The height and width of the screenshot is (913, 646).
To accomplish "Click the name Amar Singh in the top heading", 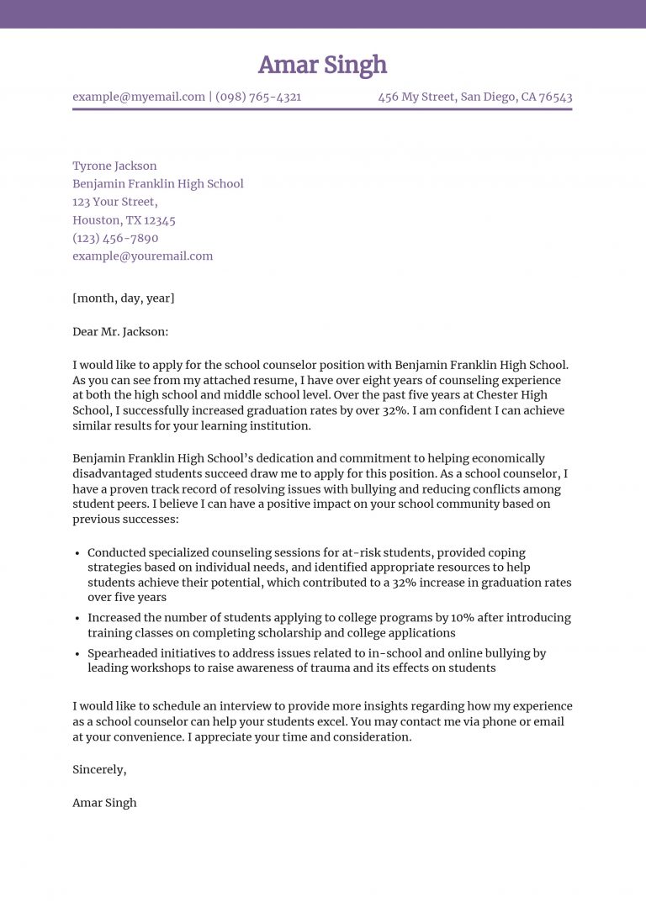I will pyautogui.click(x=322, y=65).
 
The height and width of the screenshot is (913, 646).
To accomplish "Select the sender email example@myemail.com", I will pyautogui.click(x=139, y=97).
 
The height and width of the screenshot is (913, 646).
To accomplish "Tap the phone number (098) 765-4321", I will pyautogui.click(x=258, y=97).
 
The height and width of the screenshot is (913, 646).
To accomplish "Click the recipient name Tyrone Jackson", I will pyautogui.click(x=114, y=166).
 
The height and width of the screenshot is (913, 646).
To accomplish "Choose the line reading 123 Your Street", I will pyautogui.click(x=114, y=202).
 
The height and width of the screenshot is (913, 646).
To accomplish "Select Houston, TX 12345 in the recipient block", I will pyautogui.click(x=124, y=220).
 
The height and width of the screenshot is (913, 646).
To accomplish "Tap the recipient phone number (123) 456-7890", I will pyautogui.click(x=115, y=238).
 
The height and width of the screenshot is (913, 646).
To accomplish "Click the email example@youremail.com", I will pyautogui.click(x=142, y=256).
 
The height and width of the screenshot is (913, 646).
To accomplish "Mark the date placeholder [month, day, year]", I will pyautogui.click(x=124, y=298).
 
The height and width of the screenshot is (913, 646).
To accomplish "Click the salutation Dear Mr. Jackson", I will pyautogui.click(x=120, y=331).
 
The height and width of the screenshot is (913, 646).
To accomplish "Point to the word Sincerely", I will pyautogui.click(x=99, y=769).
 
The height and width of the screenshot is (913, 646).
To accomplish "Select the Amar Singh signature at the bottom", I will pyautogui.click(x=104, y=802).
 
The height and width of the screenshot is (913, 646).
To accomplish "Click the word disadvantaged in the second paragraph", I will pyautogui.click(x=113, y=474).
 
